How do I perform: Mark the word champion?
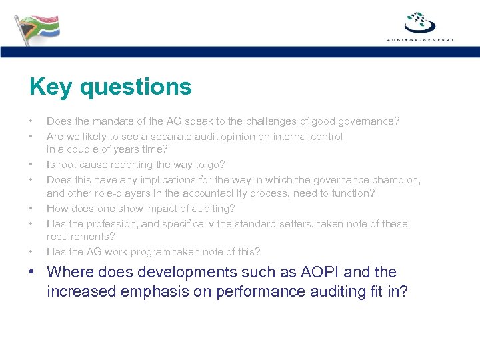(x=397, y=179)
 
